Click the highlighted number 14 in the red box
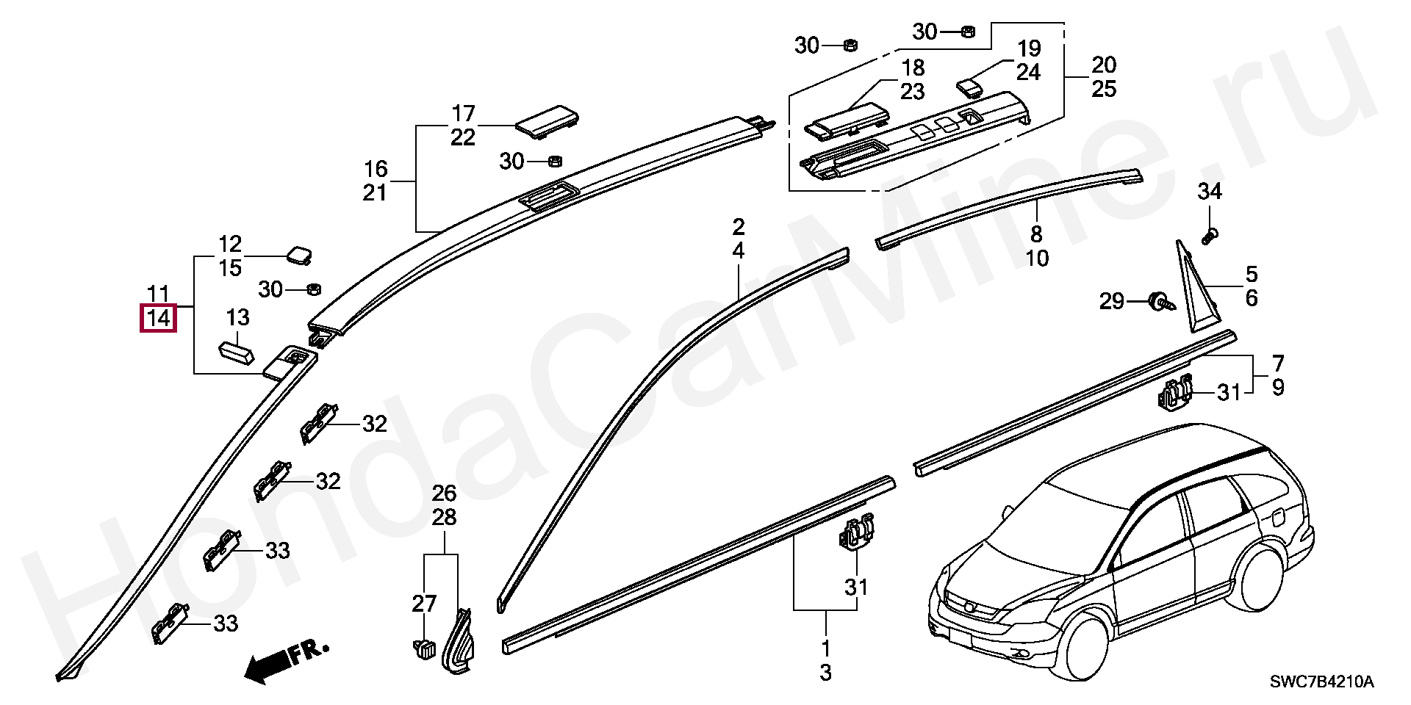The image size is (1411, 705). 159,319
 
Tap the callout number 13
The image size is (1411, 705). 238,318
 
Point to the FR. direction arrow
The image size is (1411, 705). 286,661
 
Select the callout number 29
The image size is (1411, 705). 1112,301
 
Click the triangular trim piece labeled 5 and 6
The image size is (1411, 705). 1194,294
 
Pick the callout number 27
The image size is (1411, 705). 424,604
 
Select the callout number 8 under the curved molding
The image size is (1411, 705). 1036,234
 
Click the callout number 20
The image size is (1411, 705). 1104,65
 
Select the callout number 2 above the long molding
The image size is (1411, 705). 739,226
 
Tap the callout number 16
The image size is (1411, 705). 376,169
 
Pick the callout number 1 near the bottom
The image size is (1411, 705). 825,648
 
